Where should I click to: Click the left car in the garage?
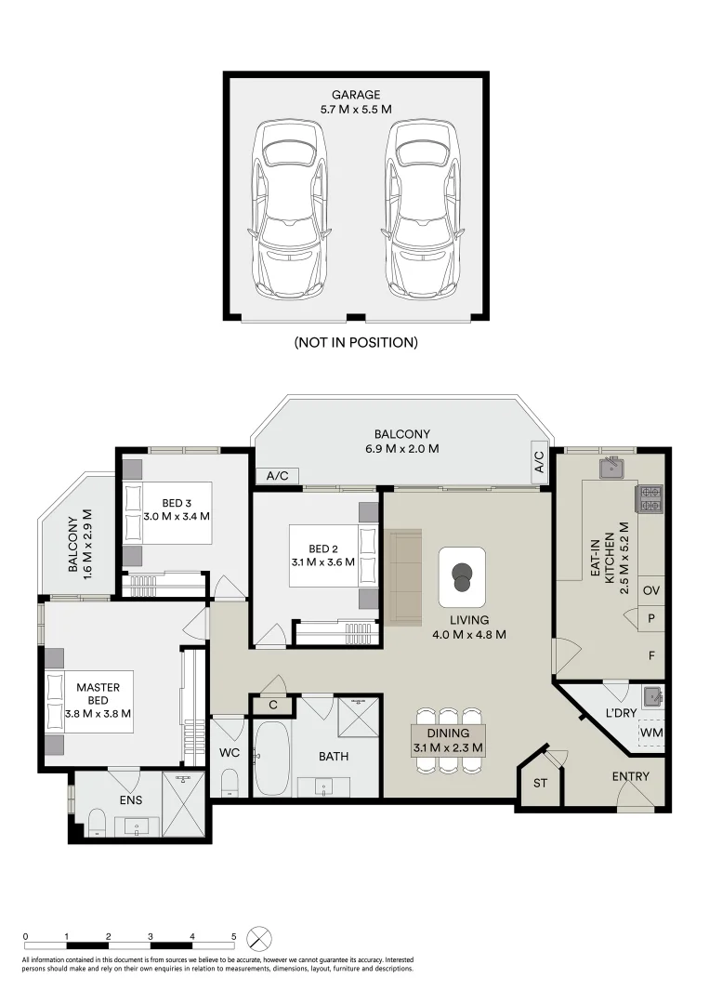pyautogui.click(x=290, y=210)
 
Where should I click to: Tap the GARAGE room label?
pyautogui.click(x=356, y=95)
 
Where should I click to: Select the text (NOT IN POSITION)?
pyautogui.click(x=356, y=342)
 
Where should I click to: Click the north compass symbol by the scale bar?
pyautogui.click(x=259, y=939)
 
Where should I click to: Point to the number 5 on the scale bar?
pyautogui.click(x=233, y=936)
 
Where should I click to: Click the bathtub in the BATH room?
pyautogui.click(x=272, y=758)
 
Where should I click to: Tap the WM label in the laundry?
pyautogui.click(x=650, y=733)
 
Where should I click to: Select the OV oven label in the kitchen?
pyautogui.click(x=650, y=590)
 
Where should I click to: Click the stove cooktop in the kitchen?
pyautogui.click(x=650, y=498)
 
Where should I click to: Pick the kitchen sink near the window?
pyautogui.click(x=611, y=468)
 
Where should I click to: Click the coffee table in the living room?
pyautogui.click(x=462, y=577)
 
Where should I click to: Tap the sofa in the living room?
pyautogui.click(x=404, y=577)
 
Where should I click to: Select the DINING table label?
pyautogui.click(x=448, y=733)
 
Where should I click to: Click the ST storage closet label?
pyautogui.click(x=540, y=783)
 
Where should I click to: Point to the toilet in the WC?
pyautogui.click(x=230, y=782)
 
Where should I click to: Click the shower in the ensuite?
pyautogui.click(x=183, y=804)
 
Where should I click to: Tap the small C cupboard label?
pyautogui.click(x=272, y=705)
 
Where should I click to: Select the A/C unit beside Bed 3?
pyautogui.click(x=277, y=476)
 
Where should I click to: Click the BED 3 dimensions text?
pyautogui.click(x=177, y=516)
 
